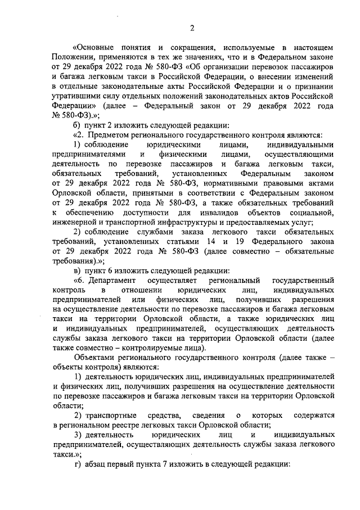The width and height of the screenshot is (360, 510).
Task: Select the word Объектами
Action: click(x=94, y=358)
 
